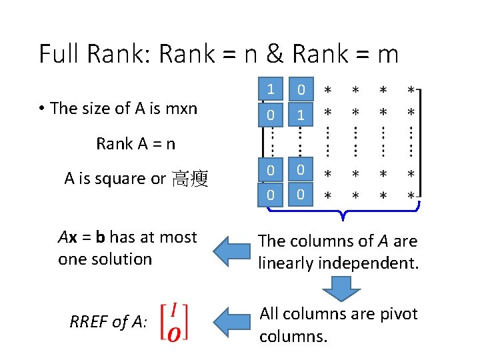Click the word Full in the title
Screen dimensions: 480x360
point(58,53)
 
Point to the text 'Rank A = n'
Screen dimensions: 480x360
point(136,143)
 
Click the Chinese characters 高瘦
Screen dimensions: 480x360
point(190,179)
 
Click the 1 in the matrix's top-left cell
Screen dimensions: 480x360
point(271,89)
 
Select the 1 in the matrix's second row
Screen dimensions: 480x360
point(301,115)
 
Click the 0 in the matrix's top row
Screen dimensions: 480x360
point(301,89)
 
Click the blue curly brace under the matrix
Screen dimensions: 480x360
point(341,213)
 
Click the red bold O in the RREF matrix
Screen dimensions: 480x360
point(173,332)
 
